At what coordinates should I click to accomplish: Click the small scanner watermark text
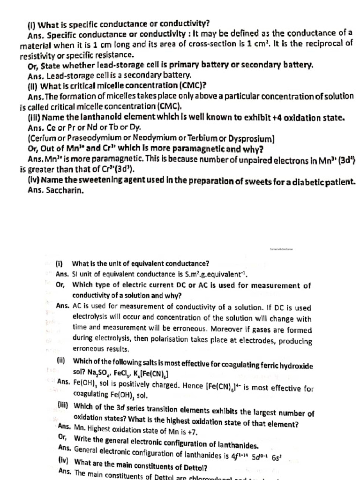click(x=281, y=250)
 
